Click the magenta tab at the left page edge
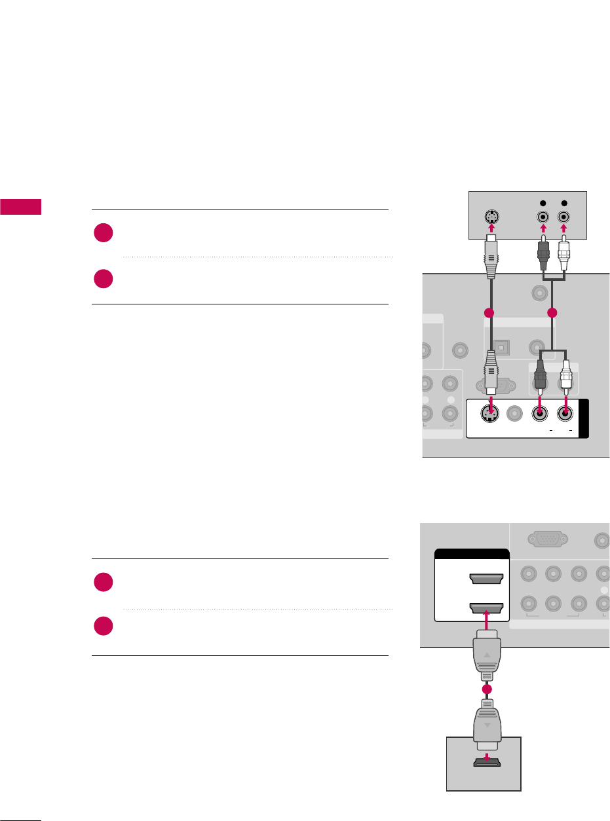click(20, 208)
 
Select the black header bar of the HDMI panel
click(472, 554)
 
